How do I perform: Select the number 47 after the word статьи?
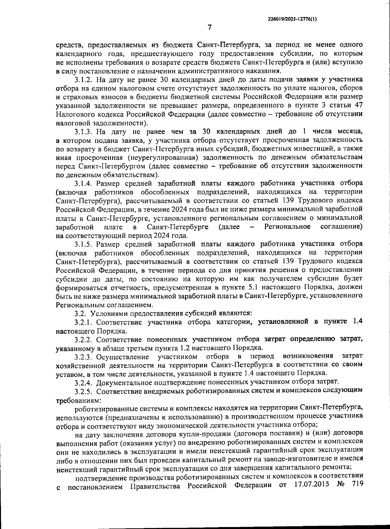[357, 106]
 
